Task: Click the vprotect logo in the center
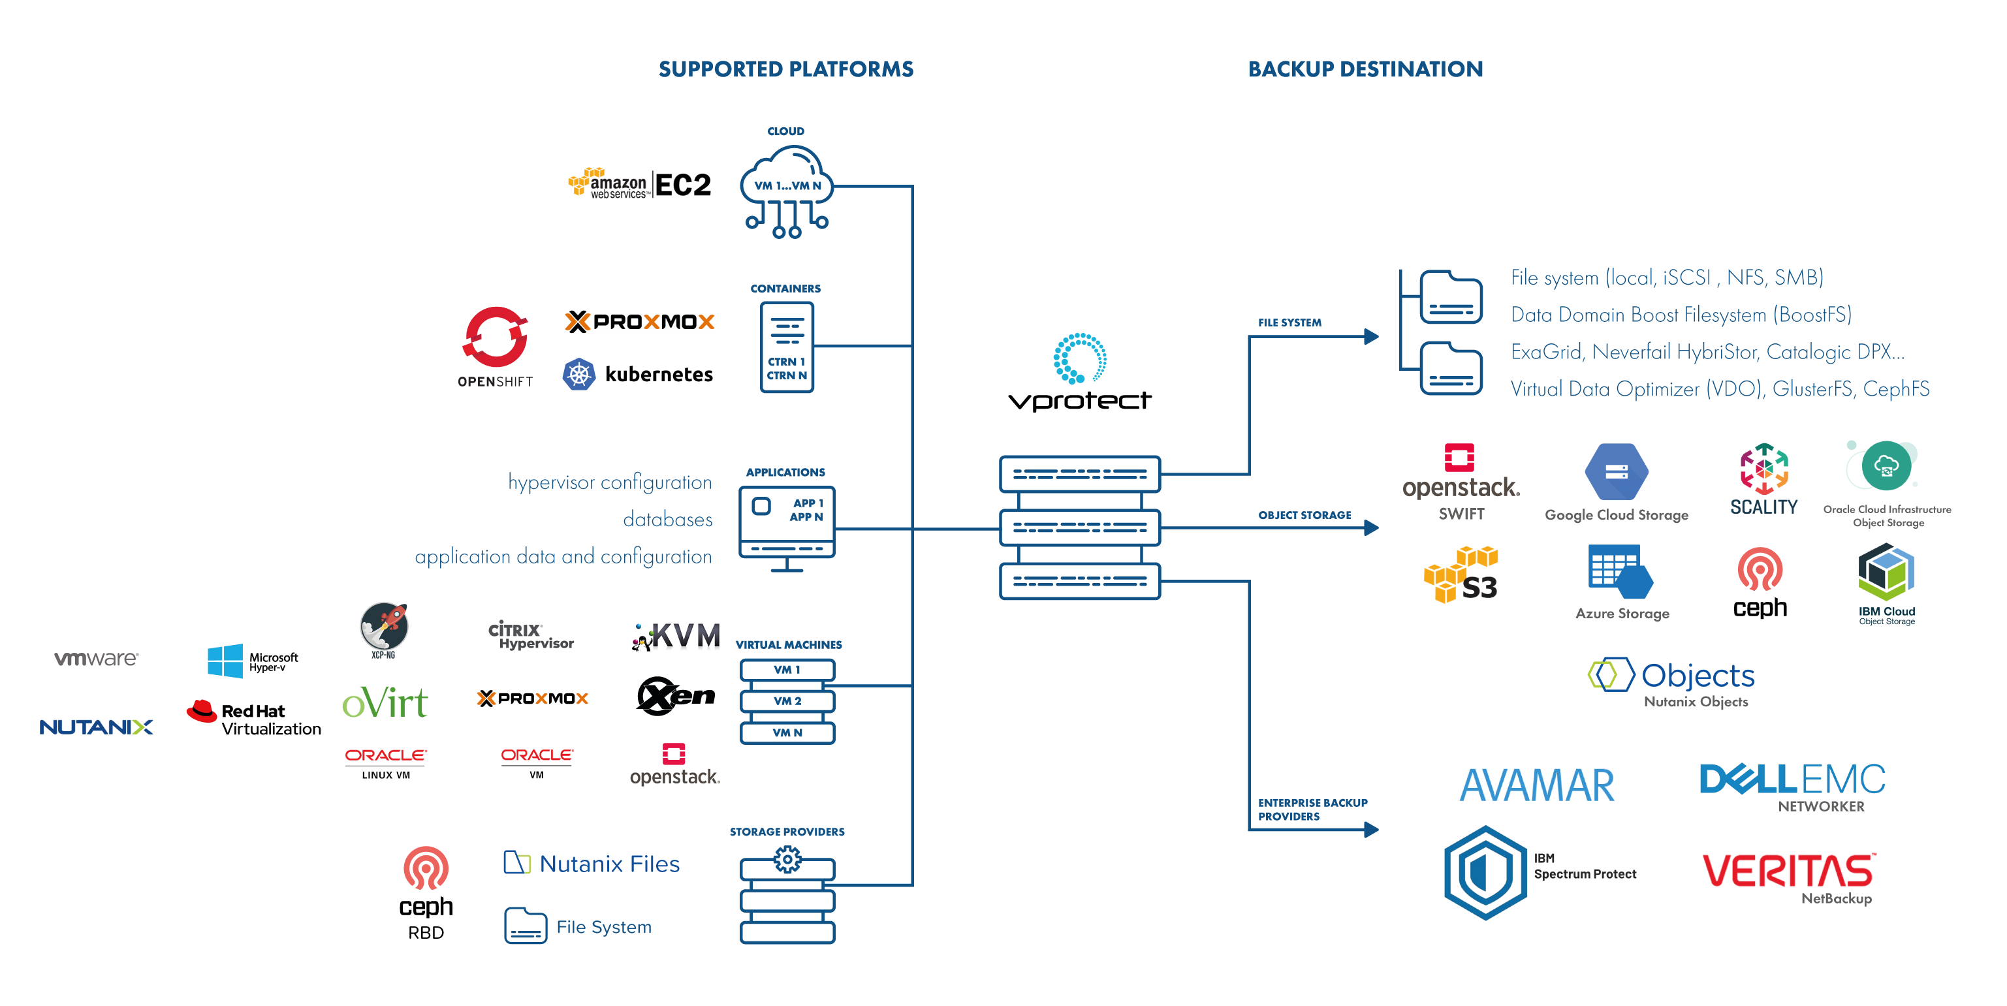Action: tap(1079, 374)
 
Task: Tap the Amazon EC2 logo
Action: tap(640, 185)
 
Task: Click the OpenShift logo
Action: tap(496, 346)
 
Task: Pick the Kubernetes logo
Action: tap(637, 375)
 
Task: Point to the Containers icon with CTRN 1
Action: tap(787, 347)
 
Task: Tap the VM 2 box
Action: tap(787, 701)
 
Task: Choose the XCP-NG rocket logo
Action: tap(383, 628)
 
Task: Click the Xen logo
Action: tap(676, 695)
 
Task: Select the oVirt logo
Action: tap(385, 703)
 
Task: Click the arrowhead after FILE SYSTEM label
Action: tap(1371, 337)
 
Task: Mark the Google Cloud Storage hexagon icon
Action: tap(1616, 471)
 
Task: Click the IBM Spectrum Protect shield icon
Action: tap(1485, 872)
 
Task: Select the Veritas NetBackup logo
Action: tap(1789, 877)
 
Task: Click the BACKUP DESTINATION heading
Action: tap(1365, 69)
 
